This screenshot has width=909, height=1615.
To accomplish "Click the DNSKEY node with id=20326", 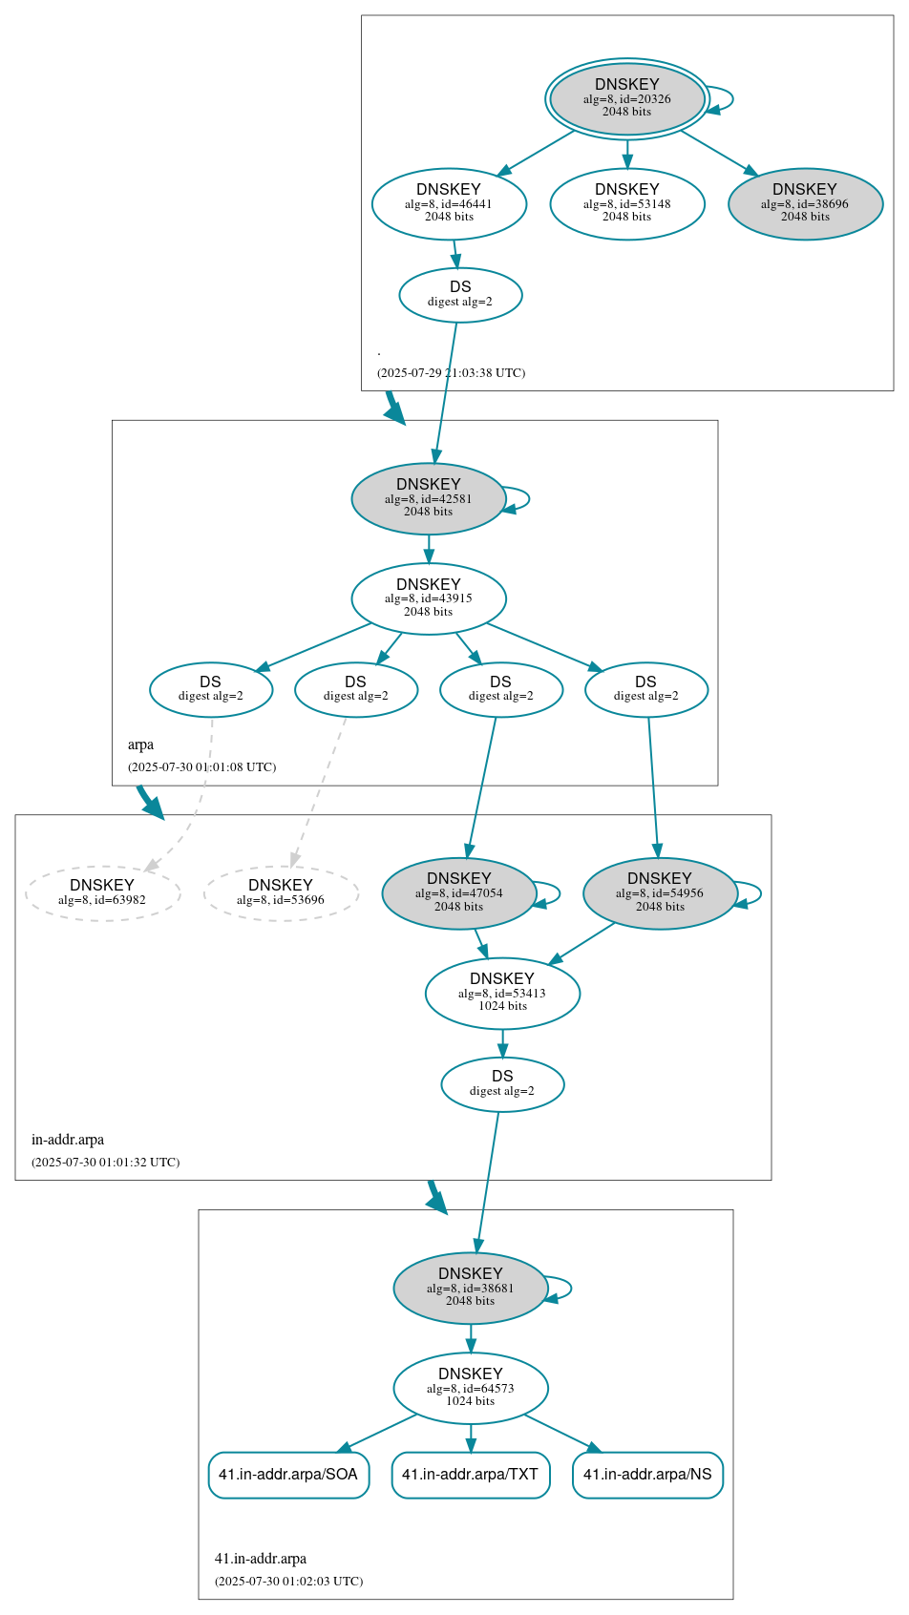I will click(626, 98).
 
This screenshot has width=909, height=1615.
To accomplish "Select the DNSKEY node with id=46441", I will click(449, 203).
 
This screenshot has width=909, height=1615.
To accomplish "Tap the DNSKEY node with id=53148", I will click(626, 203).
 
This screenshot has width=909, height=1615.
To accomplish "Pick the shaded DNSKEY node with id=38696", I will click(805, 203).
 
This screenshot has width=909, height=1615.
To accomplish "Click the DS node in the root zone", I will click(460, 294).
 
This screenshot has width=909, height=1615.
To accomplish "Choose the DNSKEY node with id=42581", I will click(428, 498).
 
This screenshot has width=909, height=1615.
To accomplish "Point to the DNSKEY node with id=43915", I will click(428, 598).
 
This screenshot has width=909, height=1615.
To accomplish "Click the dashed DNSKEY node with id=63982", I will click(102, 892).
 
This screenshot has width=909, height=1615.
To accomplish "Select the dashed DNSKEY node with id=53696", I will click(281, 892).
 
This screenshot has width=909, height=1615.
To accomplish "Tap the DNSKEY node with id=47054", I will click(458, 892).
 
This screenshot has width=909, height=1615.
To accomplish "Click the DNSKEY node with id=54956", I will click(660, 892).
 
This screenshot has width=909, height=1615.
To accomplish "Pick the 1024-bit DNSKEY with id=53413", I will click(502, 993).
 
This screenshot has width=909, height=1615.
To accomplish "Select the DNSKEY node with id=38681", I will click(470, 1288).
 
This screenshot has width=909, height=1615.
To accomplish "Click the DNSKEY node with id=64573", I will click(470, 1388).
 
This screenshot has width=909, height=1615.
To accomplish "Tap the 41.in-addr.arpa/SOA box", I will click(288, 1475).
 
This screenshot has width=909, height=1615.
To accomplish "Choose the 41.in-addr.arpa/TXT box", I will click(470, 1475).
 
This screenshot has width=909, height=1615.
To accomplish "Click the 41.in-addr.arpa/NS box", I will click(647, 1475).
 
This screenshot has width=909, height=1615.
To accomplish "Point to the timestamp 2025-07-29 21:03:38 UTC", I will click(451, 373).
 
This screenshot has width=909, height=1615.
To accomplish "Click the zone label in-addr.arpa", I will click(68, 1140).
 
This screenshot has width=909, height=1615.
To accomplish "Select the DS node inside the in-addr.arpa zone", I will click(502, 1083).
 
